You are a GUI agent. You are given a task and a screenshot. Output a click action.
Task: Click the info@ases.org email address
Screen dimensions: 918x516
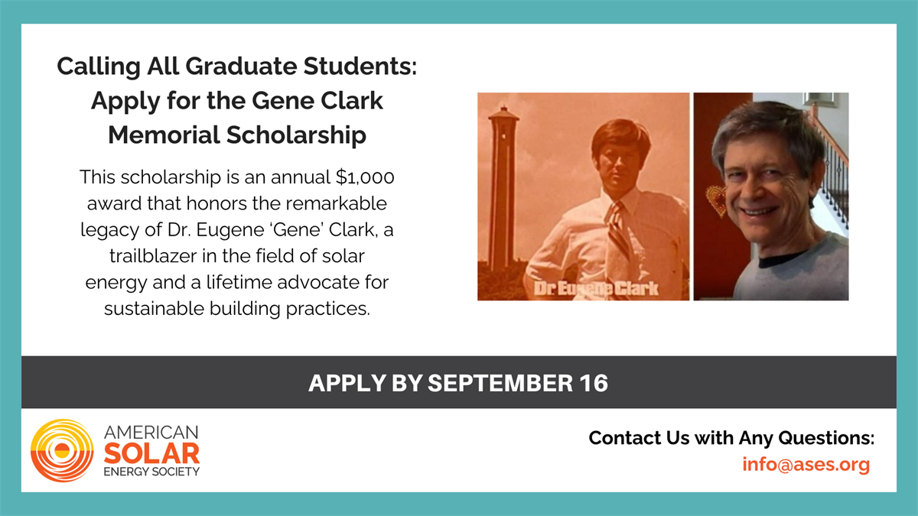point(806,465)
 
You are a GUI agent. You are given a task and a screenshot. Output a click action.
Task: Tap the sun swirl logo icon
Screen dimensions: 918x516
point(62,450)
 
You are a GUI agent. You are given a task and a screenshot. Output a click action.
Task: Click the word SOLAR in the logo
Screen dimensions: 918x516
point(151,454)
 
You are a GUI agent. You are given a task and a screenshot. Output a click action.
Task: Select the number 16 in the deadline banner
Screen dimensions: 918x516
point(594,383)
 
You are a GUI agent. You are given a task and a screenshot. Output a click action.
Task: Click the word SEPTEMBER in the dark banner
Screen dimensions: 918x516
point(500,383)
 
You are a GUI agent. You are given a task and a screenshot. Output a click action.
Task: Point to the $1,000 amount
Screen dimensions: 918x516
point(365,177)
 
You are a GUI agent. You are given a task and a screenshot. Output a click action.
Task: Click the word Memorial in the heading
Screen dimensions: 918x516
point(164,135)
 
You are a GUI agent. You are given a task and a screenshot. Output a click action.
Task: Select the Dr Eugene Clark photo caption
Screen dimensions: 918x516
point(596,289)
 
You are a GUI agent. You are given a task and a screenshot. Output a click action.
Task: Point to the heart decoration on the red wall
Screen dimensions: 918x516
point(715,200)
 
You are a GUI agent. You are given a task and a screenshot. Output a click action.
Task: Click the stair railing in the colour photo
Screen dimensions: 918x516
point(832,172)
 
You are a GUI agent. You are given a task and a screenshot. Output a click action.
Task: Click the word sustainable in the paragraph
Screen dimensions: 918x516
point(154,309)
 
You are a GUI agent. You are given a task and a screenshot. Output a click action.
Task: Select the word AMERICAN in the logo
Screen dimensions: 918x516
point(151,433)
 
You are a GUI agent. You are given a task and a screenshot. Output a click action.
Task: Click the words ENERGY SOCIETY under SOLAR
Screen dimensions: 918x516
point(151,472)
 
